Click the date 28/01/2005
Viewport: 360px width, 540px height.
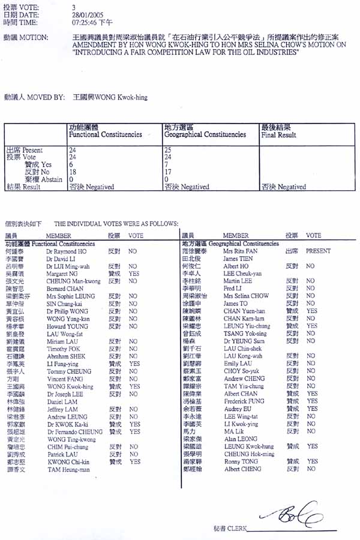pos(84,14)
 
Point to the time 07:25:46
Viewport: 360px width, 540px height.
pos(85,22)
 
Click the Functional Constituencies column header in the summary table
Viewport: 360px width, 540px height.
pos(105,135)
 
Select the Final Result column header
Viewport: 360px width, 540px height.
pos(278,135)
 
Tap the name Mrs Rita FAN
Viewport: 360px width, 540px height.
pos(240,251)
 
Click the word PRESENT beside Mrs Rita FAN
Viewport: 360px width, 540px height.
pos(319,251)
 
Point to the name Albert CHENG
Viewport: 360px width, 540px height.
pos(243,469)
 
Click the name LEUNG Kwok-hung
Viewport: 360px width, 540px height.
pos(249,447)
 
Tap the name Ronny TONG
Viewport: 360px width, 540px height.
pos(241,461)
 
